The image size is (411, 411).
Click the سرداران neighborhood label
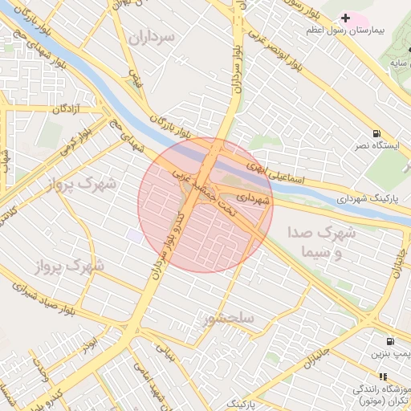pos(149,37)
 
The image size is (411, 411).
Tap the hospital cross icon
pos(346,18)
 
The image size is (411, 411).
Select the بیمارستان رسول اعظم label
pos(370,31)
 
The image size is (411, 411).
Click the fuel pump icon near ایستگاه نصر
pos(376,133)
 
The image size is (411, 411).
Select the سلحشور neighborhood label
pos(230,318)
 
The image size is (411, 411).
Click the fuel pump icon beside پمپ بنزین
pos(390,341)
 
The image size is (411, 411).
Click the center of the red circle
pos(205,205)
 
